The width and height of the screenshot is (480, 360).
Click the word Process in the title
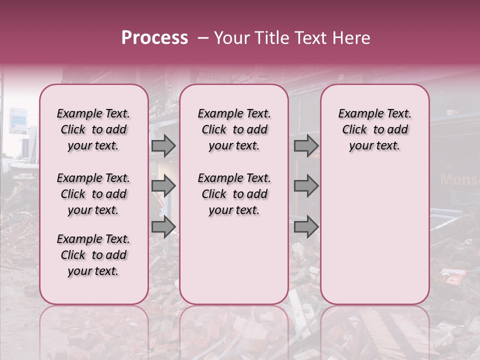coord(154,38)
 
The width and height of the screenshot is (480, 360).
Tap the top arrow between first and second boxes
coord(163,145)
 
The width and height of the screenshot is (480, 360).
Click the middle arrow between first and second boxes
coord(163,186)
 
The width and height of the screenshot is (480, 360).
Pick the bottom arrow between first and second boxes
coord(163,227)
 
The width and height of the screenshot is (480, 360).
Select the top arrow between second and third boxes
coord(306,145)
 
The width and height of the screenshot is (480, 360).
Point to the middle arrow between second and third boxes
coord(306,186)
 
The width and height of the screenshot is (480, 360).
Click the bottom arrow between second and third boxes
coord(306,227)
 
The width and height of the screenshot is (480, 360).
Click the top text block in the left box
coord(93,129)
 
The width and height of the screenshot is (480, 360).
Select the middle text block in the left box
coord(93,194)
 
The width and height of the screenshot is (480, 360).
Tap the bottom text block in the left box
coord(93,255)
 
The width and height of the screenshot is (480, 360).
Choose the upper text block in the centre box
coord(234,129)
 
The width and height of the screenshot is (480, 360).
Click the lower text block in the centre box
coord(234,194)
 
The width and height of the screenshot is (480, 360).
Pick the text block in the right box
coord(374,129)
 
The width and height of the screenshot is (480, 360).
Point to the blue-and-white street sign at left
coord(17,120)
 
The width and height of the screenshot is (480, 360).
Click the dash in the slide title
coord(203,38)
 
